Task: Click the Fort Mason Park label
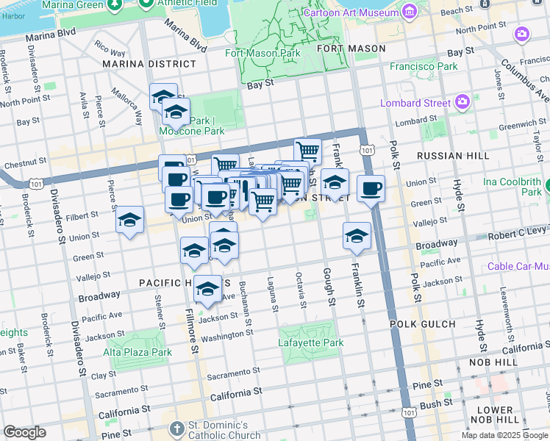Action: [x=262, y=53]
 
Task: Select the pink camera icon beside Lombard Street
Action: [x=463, y=102]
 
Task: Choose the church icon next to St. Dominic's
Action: [x=177, y=428]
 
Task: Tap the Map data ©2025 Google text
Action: [x=504, y=435]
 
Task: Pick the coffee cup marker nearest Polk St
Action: [x=371, y=188]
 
